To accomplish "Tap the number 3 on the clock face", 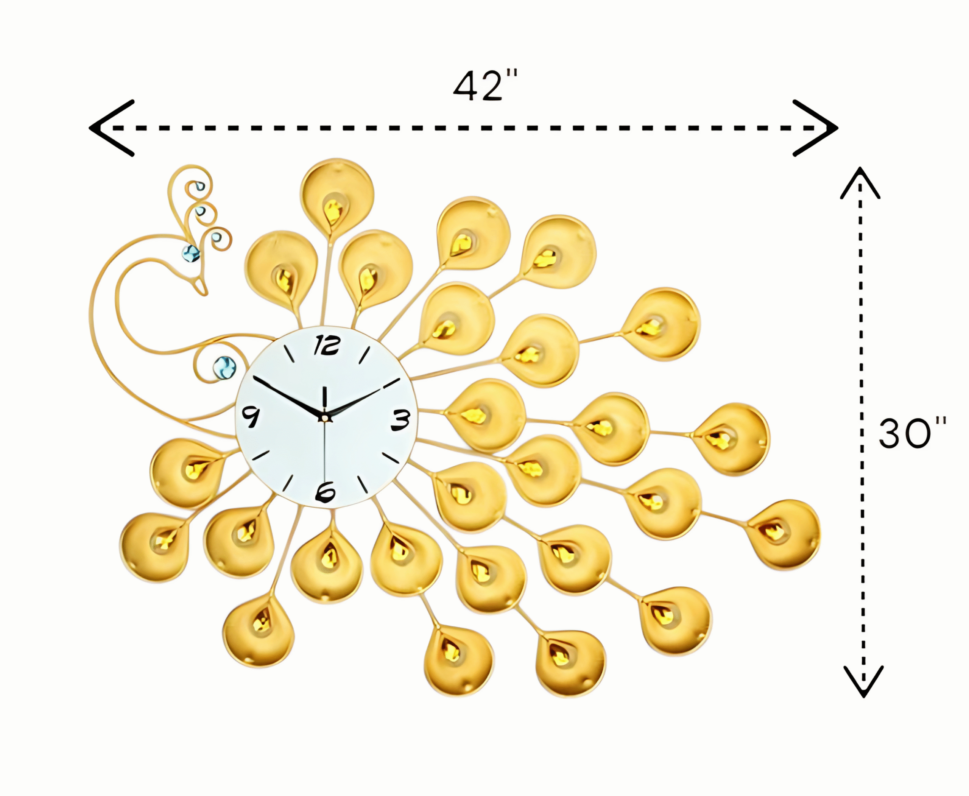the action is point(400,420).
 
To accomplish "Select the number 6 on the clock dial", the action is point(325,492).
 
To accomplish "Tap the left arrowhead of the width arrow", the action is point(111,128).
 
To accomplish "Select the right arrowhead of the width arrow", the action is point(815,128).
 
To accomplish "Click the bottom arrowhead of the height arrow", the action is point(863,681).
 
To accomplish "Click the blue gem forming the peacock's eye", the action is point(191,254).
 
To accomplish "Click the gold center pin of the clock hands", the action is point(325,418).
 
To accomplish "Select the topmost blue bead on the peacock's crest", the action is point(200,186).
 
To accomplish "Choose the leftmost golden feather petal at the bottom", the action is point(154,547).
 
